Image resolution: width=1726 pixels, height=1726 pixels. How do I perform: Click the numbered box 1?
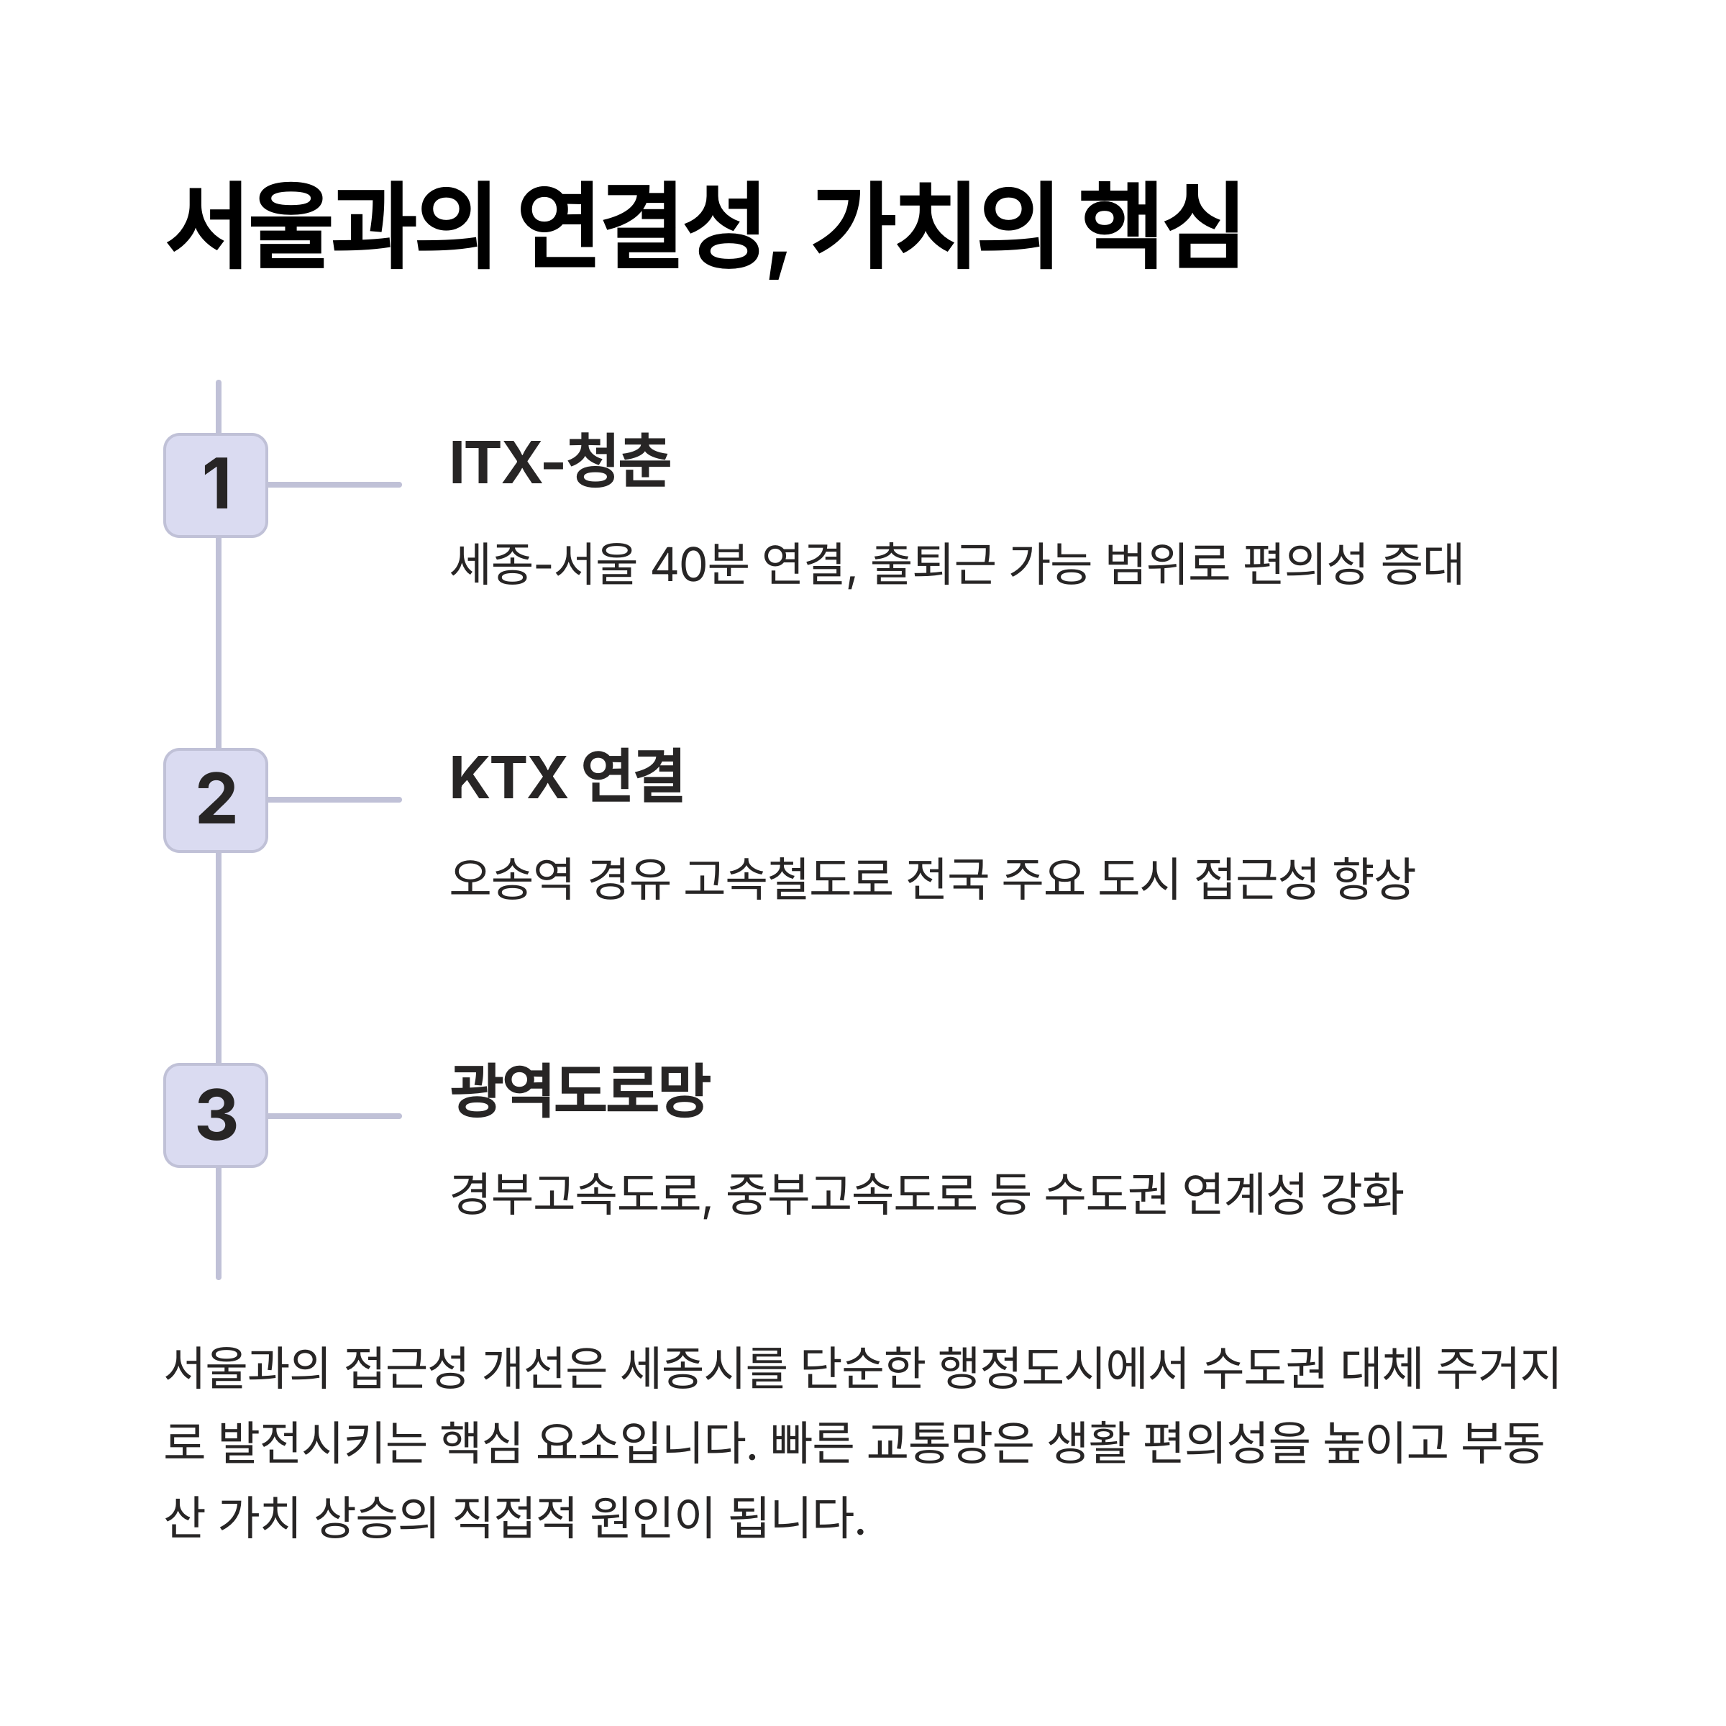click(x=216, y=486)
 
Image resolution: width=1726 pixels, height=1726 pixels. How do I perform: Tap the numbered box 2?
click(x=216, y=800)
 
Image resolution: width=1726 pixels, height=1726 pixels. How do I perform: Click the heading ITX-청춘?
click(x=560, y=462)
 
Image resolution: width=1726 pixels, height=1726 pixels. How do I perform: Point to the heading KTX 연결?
click(x=567, y=777)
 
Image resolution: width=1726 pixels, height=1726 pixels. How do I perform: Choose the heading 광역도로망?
click(x=579, y=1092)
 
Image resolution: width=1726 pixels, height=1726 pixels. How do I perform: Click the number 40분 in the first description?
click(x=698, y=565)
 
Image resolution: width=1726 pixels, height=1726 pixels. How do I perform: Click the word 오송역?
click(x=511, y=879)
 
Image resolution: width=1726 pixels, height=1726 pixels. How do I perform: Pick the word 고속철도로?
click(x=788, y=879)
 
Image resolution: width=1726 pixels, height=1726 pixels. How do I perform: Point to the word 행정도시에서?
click(x=1063, y=1368)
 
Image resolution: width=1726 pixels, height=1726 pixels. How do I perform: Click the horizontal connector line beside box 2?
click(x=334, y=800)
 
